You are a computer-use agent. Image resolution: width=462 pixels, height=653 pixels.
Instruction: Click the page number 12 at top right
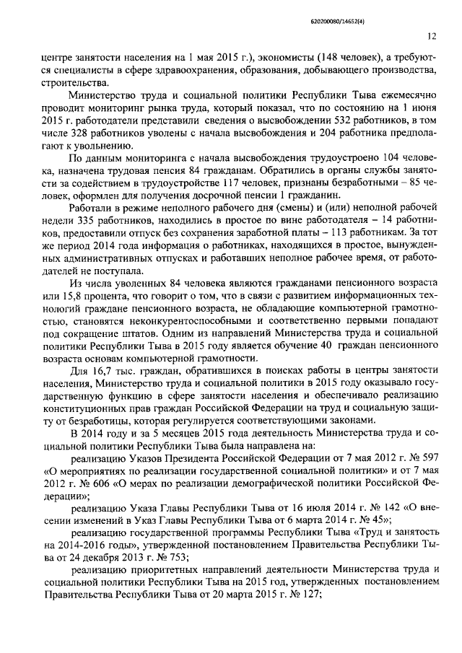(x=431, y=35)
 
